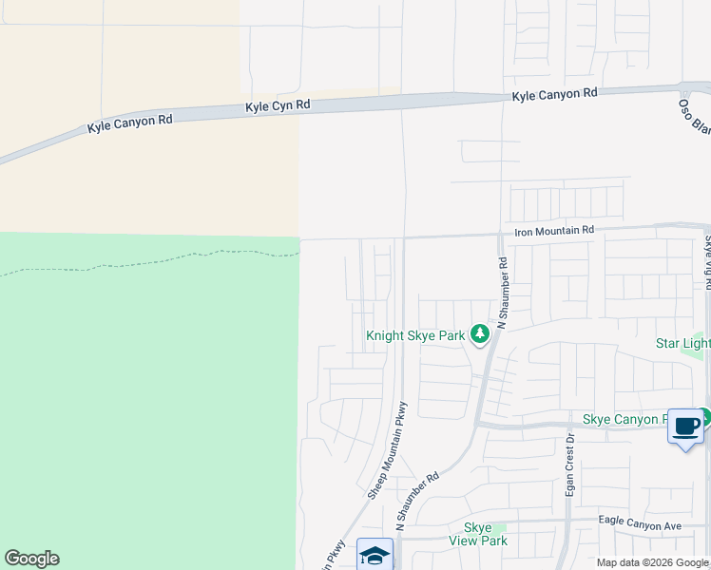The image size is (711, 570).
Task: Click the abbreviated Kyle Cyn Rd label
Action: point(278,104)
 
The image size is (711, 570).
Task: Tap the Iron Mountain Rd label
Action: point(553,230)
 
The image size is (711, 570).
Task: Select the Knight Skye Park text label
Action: point(415,335)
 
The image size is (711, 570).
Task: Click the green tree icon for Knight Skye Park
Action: point(480,333)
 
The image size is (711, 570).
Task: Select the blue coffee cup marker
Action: point(685,426)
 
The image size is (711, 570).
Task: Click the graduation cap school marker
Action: point(375,556)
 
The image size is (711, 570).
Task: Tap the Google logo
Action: point(31,559)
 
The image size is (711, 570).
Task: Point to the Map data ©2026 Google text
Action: point(652,562)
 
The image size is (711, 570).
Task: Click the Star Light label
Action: point(682,342)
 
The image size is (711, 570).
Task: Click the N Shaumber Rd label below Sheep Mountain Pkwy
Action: point(418,501)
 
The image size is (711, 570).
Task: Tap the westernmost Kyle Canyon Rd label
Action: point(130,123)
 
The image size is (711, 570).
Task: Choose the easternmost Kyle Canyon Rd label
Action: point(554,94)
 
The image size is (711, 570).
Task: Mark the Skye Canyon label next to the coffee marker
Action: point(623,419)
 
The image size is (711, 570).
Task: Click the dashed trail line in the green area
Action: point(143,259)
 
